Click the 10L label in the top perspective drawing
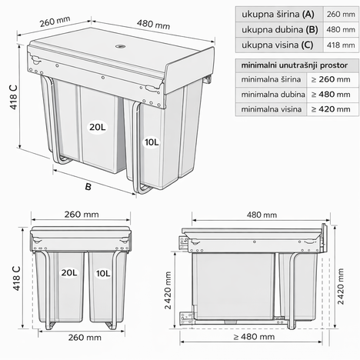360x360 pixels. (151, 142)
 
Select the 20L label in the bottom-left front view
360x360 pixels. (70, 272)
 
